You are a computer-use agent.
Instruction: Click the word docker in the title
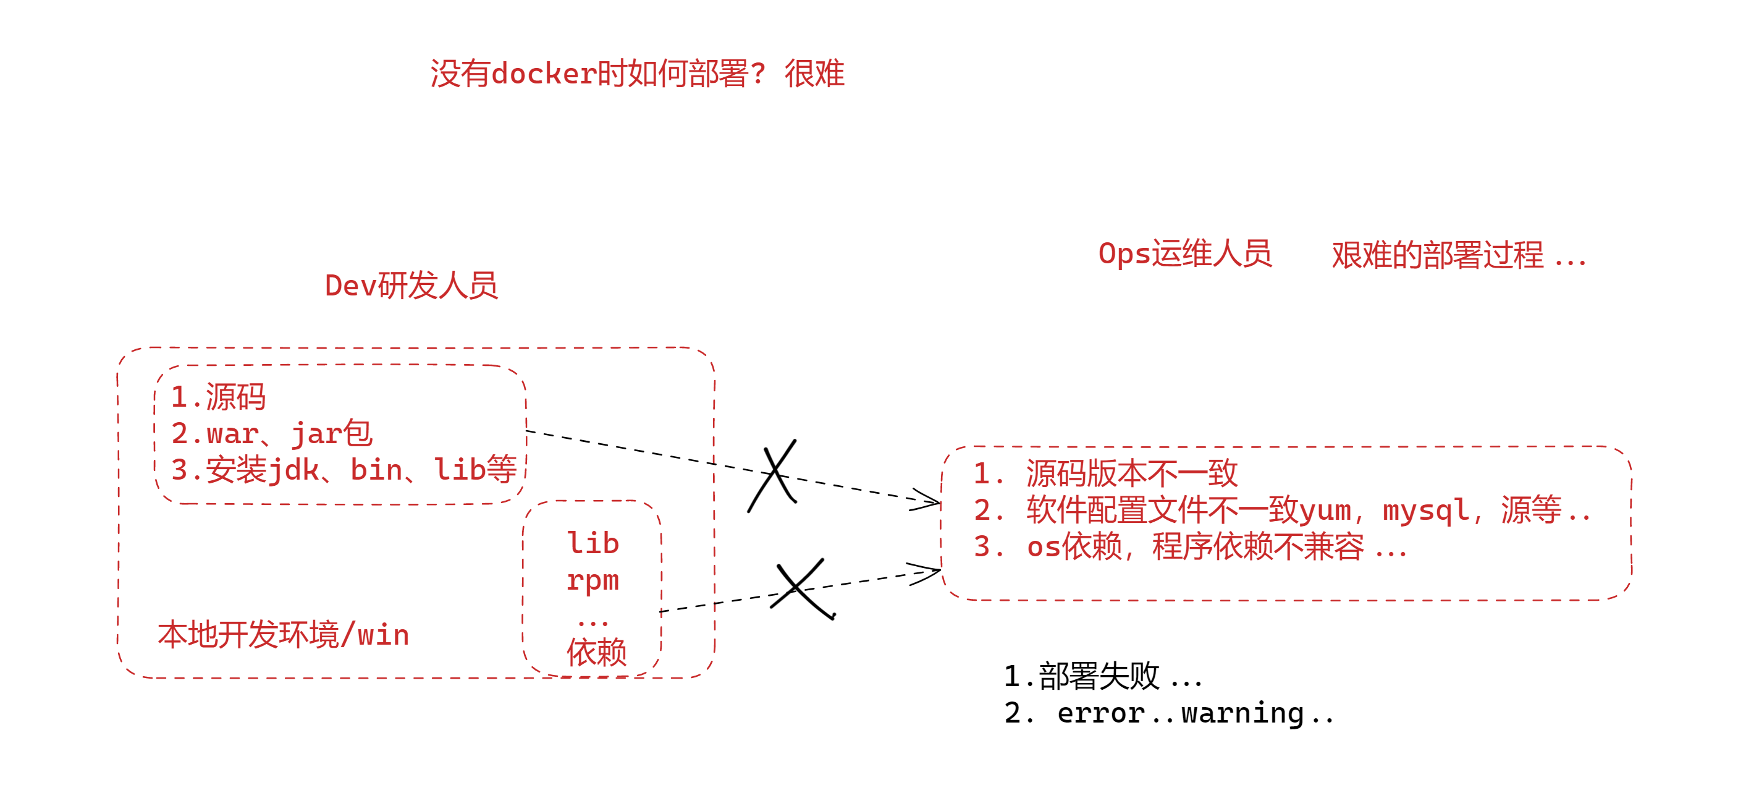(544, 74)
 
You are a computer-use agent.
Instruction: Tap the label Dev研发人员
(411, 286)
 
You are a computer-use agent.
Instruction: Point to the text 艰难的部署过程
(1437, 256)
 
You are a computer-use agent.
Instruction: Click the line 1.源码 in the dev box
(218, 397)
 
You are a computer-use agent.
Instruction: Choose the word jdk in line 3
(294, 470)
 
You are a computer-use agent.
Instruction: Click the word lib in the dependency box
(593, 544)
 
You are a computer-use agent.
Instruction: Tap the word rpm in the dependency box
(593, 580)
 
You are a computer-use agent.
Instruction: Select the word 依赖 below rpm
(596, 653)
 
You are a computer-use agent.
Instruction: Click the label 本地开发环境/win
(284, 635)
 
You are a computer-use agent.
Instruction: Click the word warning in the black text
(1242, 713)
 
